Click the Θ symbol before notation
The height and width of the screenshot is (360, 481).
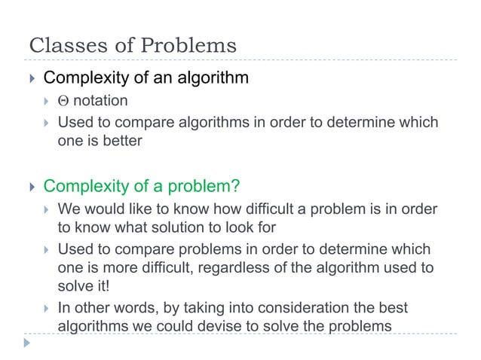[63, 101]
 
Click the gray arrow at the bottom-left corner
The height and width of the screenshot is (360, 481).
[28, 343]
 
